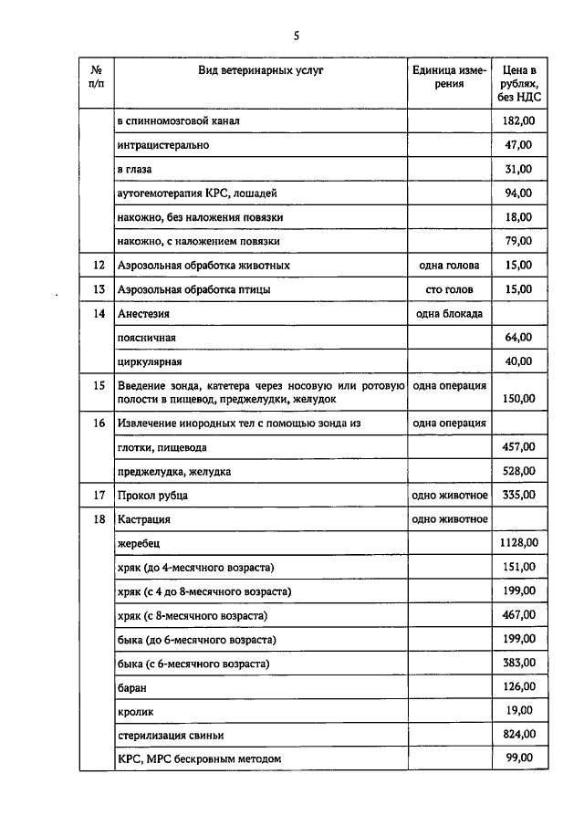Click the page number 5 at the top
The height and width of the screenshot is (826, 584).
pos(297,36)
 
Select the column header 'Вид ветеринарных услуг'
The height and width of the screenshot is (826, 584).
pos(261,69)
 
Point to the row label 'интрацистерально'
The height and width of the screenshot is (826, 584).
pos(163,145)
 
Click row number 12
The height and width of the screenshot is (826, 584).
pos(99,266)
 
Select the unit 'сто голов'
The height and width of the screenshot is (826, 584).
pos(447,289)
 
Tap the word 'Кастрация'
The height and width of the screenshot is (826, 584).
pos(144,518)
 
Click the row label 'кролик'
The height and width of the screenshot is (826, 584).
pos(136,710)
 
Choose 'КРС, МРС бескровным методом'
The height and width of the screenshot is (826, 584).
pos(199,758)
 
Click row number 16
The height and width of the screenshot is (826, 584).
pos(99,423)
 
